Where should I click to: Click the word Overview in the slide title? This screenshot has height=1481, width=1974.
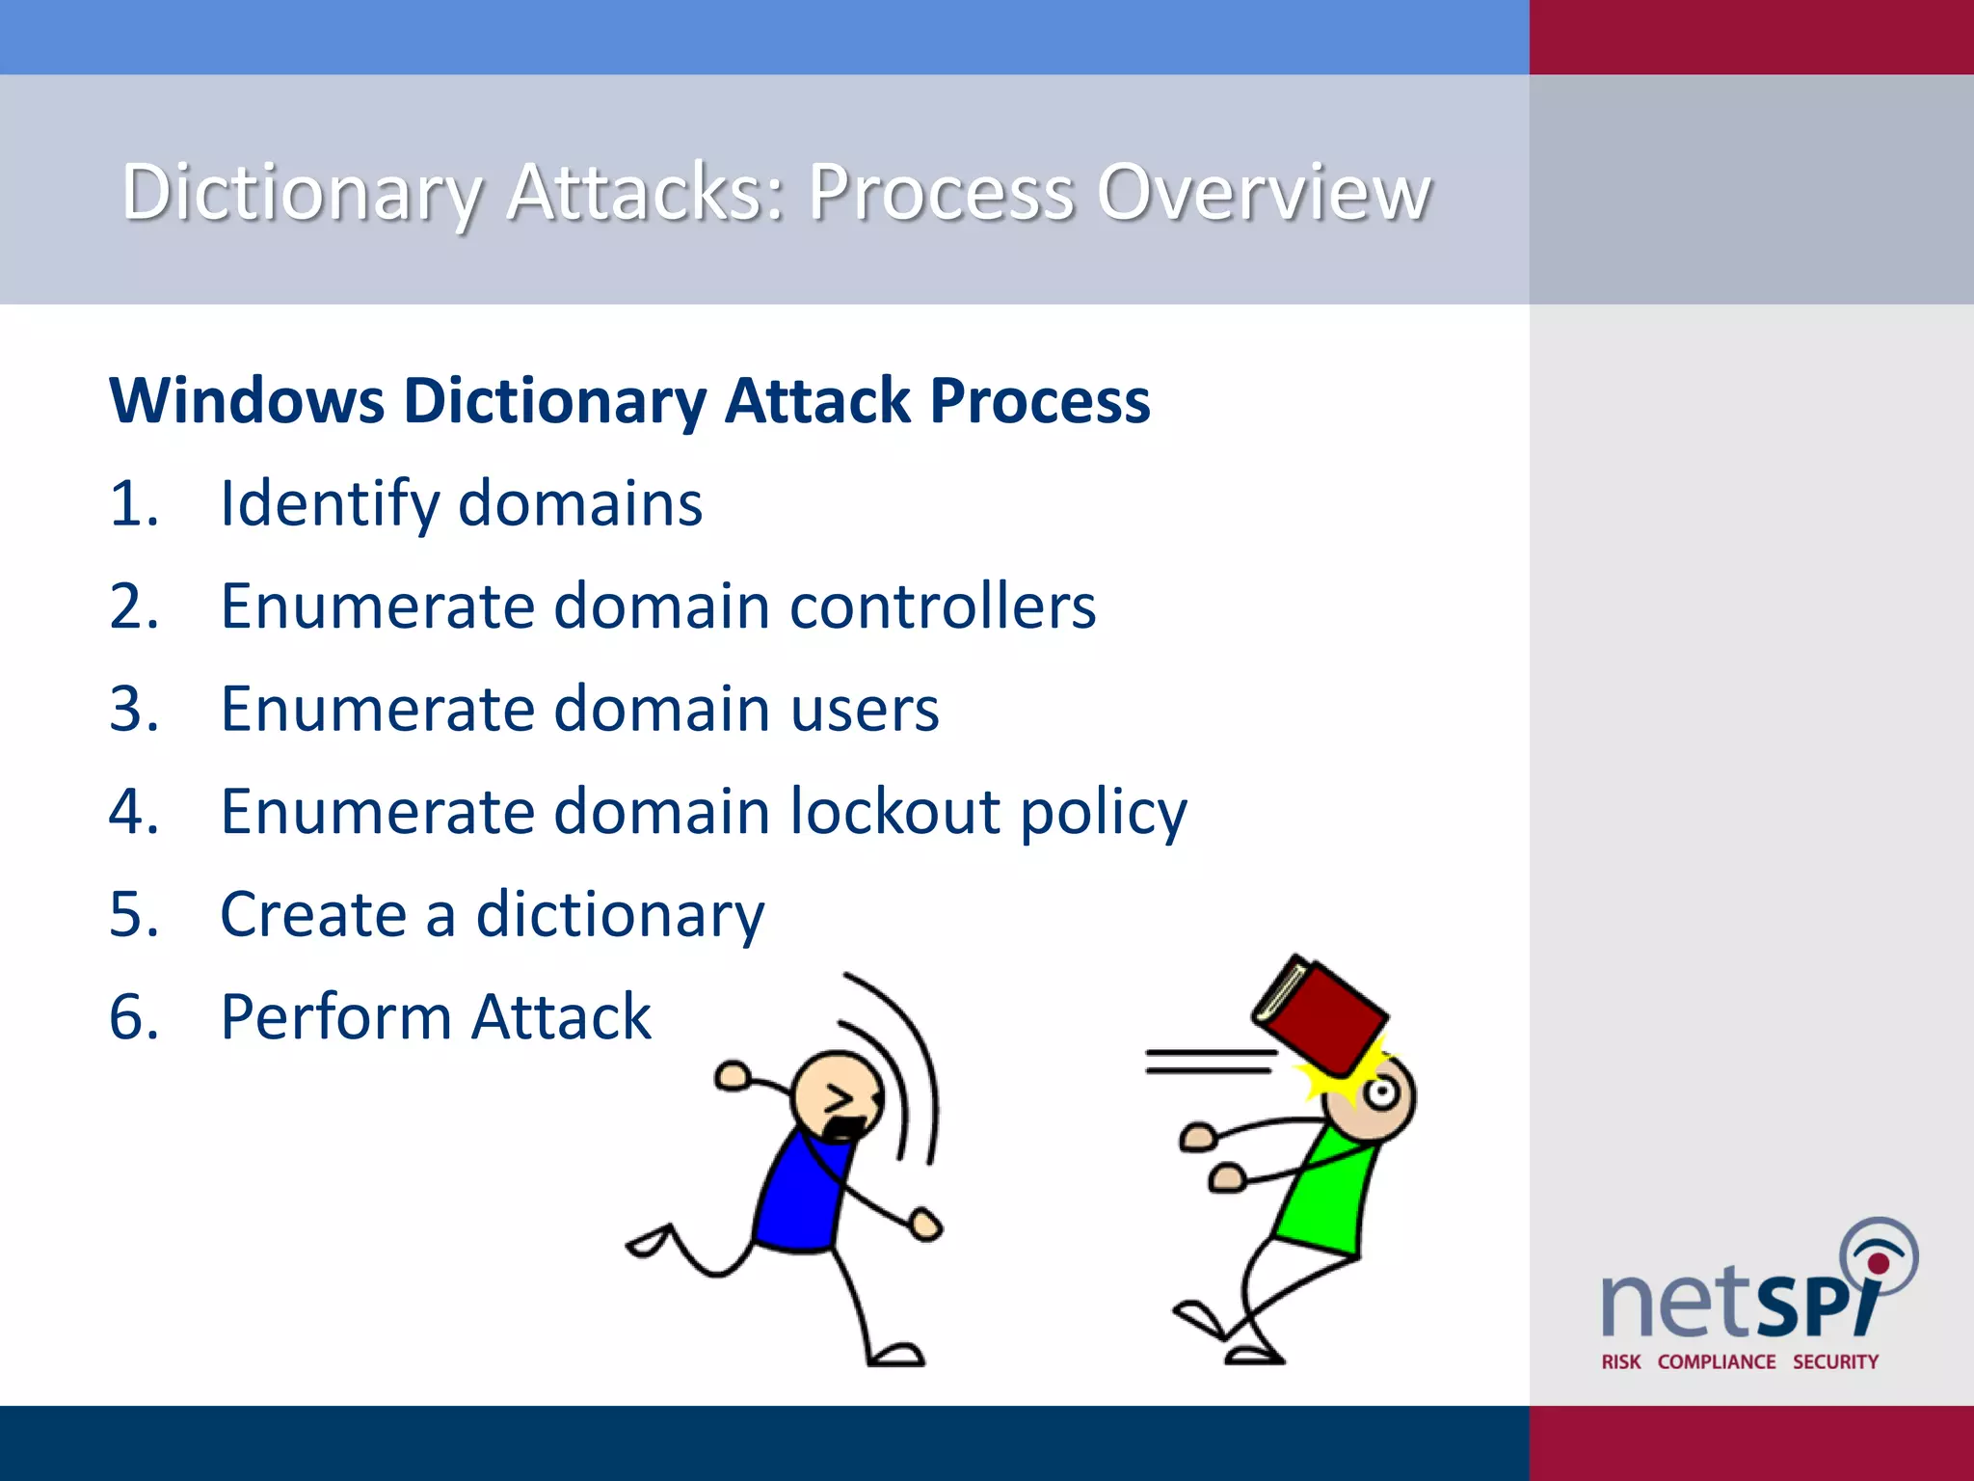click(1264, 192)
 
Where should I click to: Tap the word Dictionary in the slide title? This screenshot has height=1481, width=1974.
click(302, 192)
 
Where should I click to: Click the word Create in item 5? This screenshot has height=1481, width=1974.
click(313, 914)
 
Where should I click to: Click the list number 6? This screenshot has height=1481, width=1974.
click(133, 1017)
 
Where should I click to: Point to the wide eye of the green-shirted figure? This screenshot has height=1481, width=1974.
click(1381, 1092)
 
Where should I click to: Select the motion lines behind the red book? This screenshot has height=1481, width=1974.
click(1210, 1061)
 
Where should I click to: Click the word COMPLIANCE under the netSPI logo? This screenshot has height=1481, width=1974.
click(1716, 1361)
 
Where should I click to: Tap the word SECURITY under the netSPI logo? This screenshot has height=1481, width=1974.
click(1835, 1361)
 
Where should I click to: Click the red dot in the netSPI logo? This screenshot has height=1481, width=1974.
click(1878, 1263)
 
